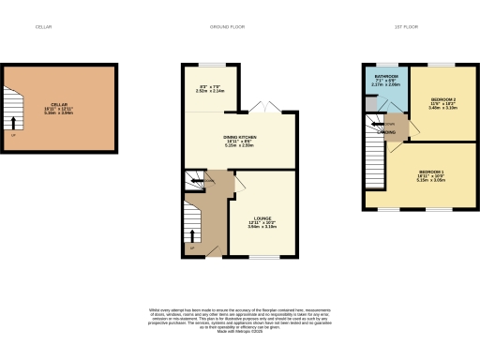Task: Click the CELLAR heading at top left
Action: point(43,27)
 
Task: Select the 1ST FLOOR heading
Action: point(405,27)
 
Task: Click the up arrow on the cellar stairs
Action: point(13,122)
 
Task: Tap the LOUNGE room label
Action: point(261,220)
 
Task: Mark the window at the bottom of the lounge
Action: point(262,257)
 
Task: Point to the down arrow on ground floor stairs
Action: point(207,180)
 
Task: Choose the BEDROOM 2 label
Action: point(443,98)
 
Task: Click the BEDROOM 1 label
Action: point(431,172)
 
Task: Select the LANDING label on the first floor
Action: point(385,132)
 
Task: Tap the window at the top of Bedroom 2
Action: point(442,64)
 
